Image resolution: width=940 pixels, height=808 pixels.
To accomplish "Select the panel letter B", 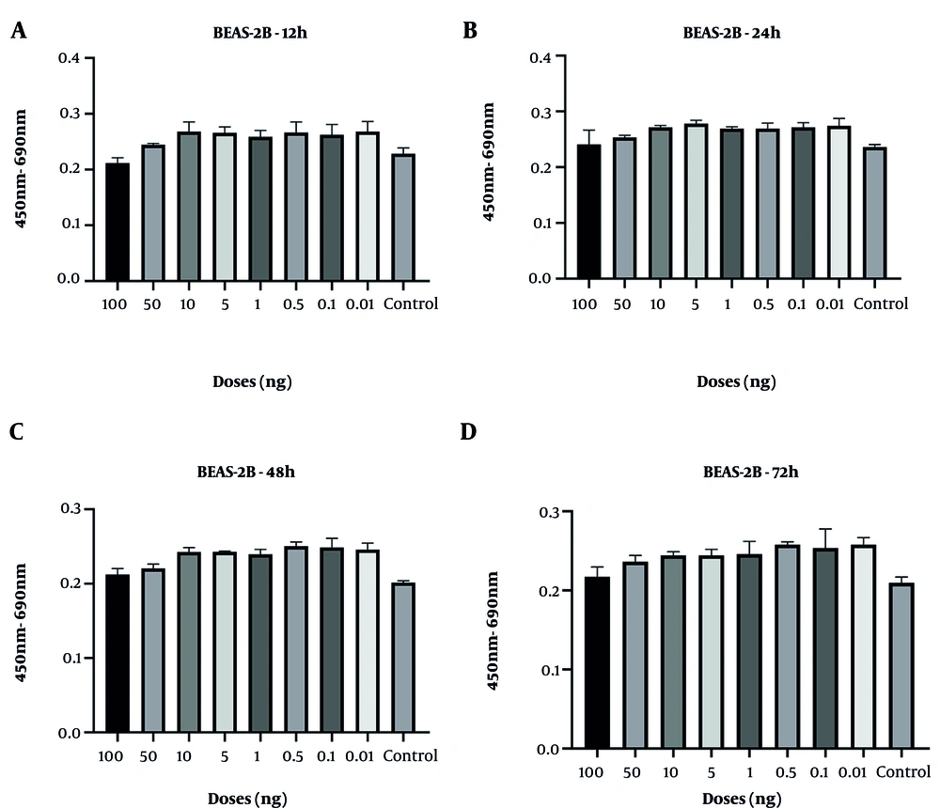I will (x=470, y=31).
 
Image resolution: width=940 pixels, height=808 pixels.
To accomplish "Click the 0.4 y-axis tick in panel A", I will (x=67, y=58).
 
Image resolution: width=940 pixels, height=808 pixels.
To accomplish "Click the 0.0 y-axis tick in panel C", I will (x=67, y=733).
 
